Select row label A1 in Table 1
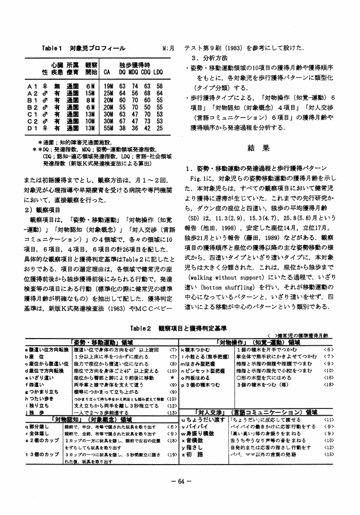(33, 86)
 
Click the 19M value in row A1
(108, 86)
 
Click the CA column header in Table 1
(107, 73)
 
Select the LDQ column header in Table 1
(158, 73)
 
